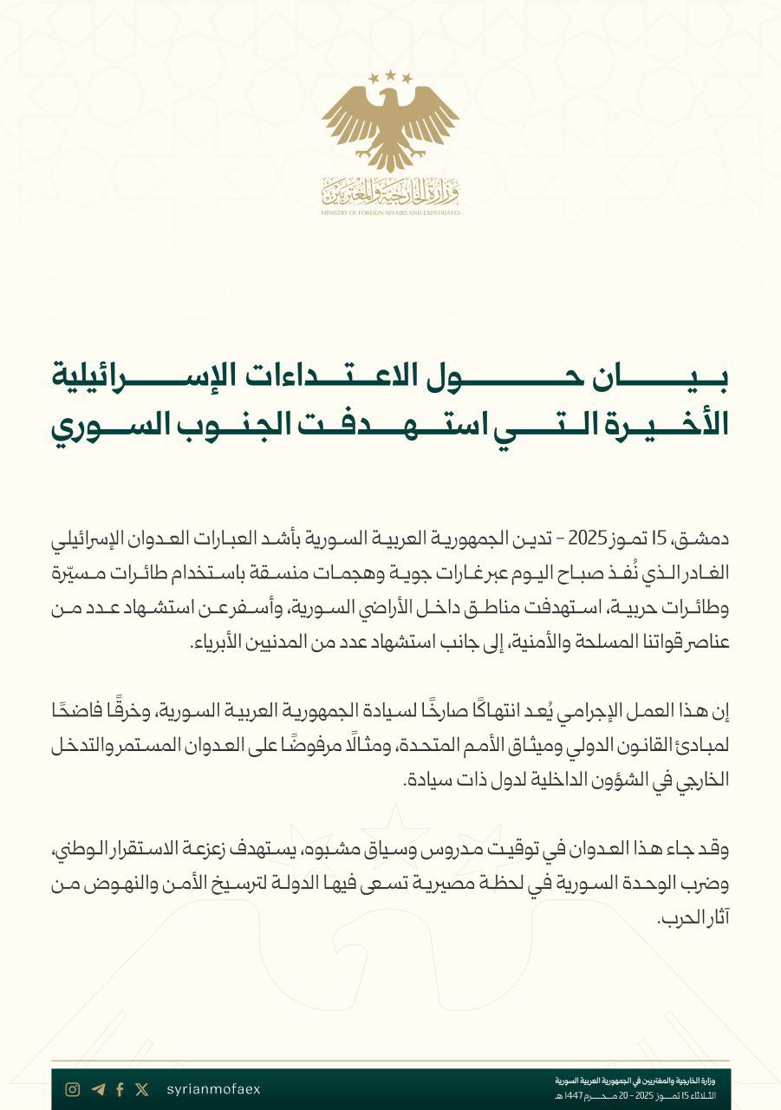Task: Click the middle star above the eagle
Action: click(390, 75)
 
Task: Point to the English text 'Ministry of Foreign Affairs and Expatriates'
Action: click(390, 212)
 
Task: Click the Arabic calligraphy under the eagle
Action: click(390, 188)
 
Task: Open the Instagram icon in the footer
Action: click(73, 1089)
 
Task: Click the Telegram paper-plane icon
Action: click(97, 1089)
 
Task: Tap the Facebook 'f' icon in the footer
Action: click(120, 1089)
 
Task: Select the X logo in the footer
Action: click(142, 1089)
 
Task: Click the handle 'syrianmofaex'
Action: click(212, 1089)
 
